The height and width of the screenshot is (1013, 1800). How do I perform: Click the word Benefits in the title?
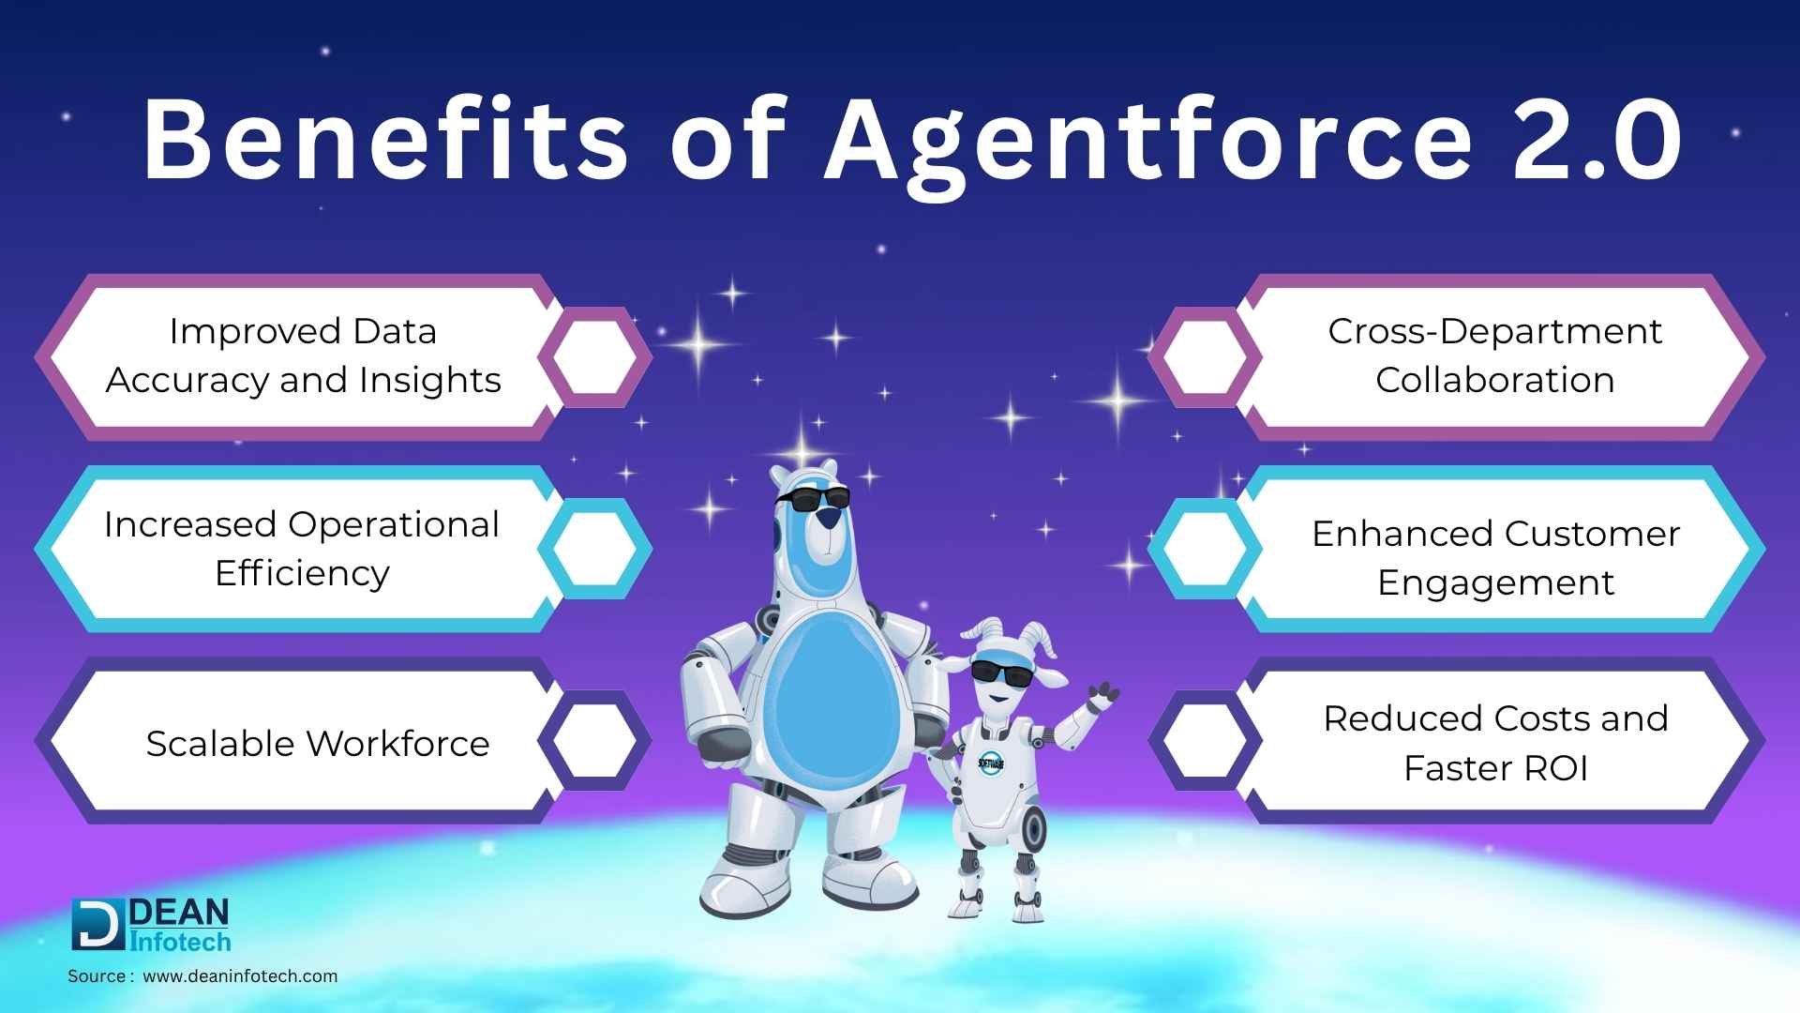[x=385, y=139]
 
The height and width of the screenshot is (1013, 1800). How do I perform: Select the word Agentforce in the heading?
[x=1149, y=146]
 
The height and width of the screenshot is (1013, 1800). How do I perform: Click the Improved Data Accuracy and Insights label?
[x=303, y=355]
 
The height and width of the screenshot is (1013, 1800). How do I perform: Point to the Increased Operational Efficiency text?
[x=302, y=549]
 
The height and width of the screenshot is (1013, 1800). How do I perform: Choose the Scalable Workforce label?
[x=318, y=743]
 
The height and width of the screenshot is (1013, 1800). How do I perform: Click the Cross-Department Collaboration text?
[x=1495, y=355]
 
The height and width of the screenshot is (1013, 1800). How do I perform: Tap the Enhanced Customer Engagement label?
[x=1496, y=558]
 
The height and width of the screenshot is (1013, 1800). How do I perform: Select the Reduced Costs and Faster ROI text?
[x=1496, y=743]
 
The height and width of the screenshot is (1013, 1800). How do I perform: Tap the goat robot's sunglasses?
[x=1001, y=673]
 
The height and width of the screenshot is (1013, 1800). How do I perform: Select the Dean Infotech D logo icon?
[x=97, y=925]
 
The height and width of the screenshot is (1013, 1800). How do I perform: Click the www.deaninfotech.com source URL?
[x=240, y=976]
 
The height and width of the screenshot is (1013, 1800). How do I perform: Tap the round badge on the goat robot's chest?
[x=991, y=763]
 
